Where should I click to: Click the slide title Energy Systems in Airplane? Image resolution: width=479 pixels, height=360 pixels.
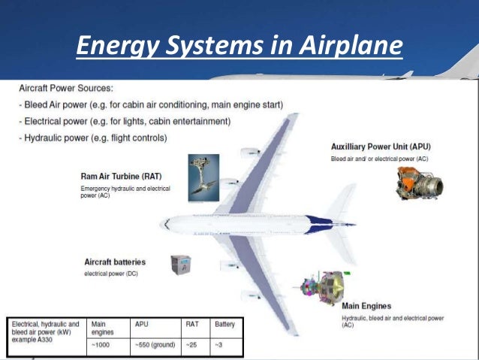coord(239,47)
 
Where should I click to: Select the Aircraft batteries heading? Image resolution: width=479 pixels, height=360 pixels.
coord(115,262)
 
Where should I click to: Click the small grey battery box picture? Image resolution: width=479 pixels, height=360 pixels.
coord(181,265)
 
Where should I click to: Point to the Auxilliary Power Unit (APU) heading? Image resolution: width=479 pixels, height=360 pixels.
coord(386,146)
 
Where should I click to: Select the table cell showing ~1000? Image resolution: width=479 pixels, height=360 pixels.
coord(101,346)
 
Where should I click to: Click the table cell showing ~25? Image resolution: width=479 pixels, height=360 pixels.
coord(194,346)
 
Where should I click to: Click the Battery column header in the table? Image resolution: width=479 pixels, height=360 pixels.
coord(225,325)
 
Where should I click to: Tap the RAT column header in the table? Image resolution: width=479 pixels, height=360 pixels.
coord(193,325)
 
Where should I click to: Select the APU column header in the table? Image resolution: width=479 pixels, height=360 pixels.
coord(143,325)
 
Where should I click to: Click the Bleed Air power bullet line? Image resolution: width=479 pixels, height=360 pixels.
coord(151,104)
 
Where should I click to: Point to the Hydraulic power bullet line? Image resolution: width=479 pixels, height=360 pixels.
coord(92,138)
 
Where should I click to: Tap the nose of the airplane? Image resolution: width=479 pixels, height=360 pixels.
coord(165,224)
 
